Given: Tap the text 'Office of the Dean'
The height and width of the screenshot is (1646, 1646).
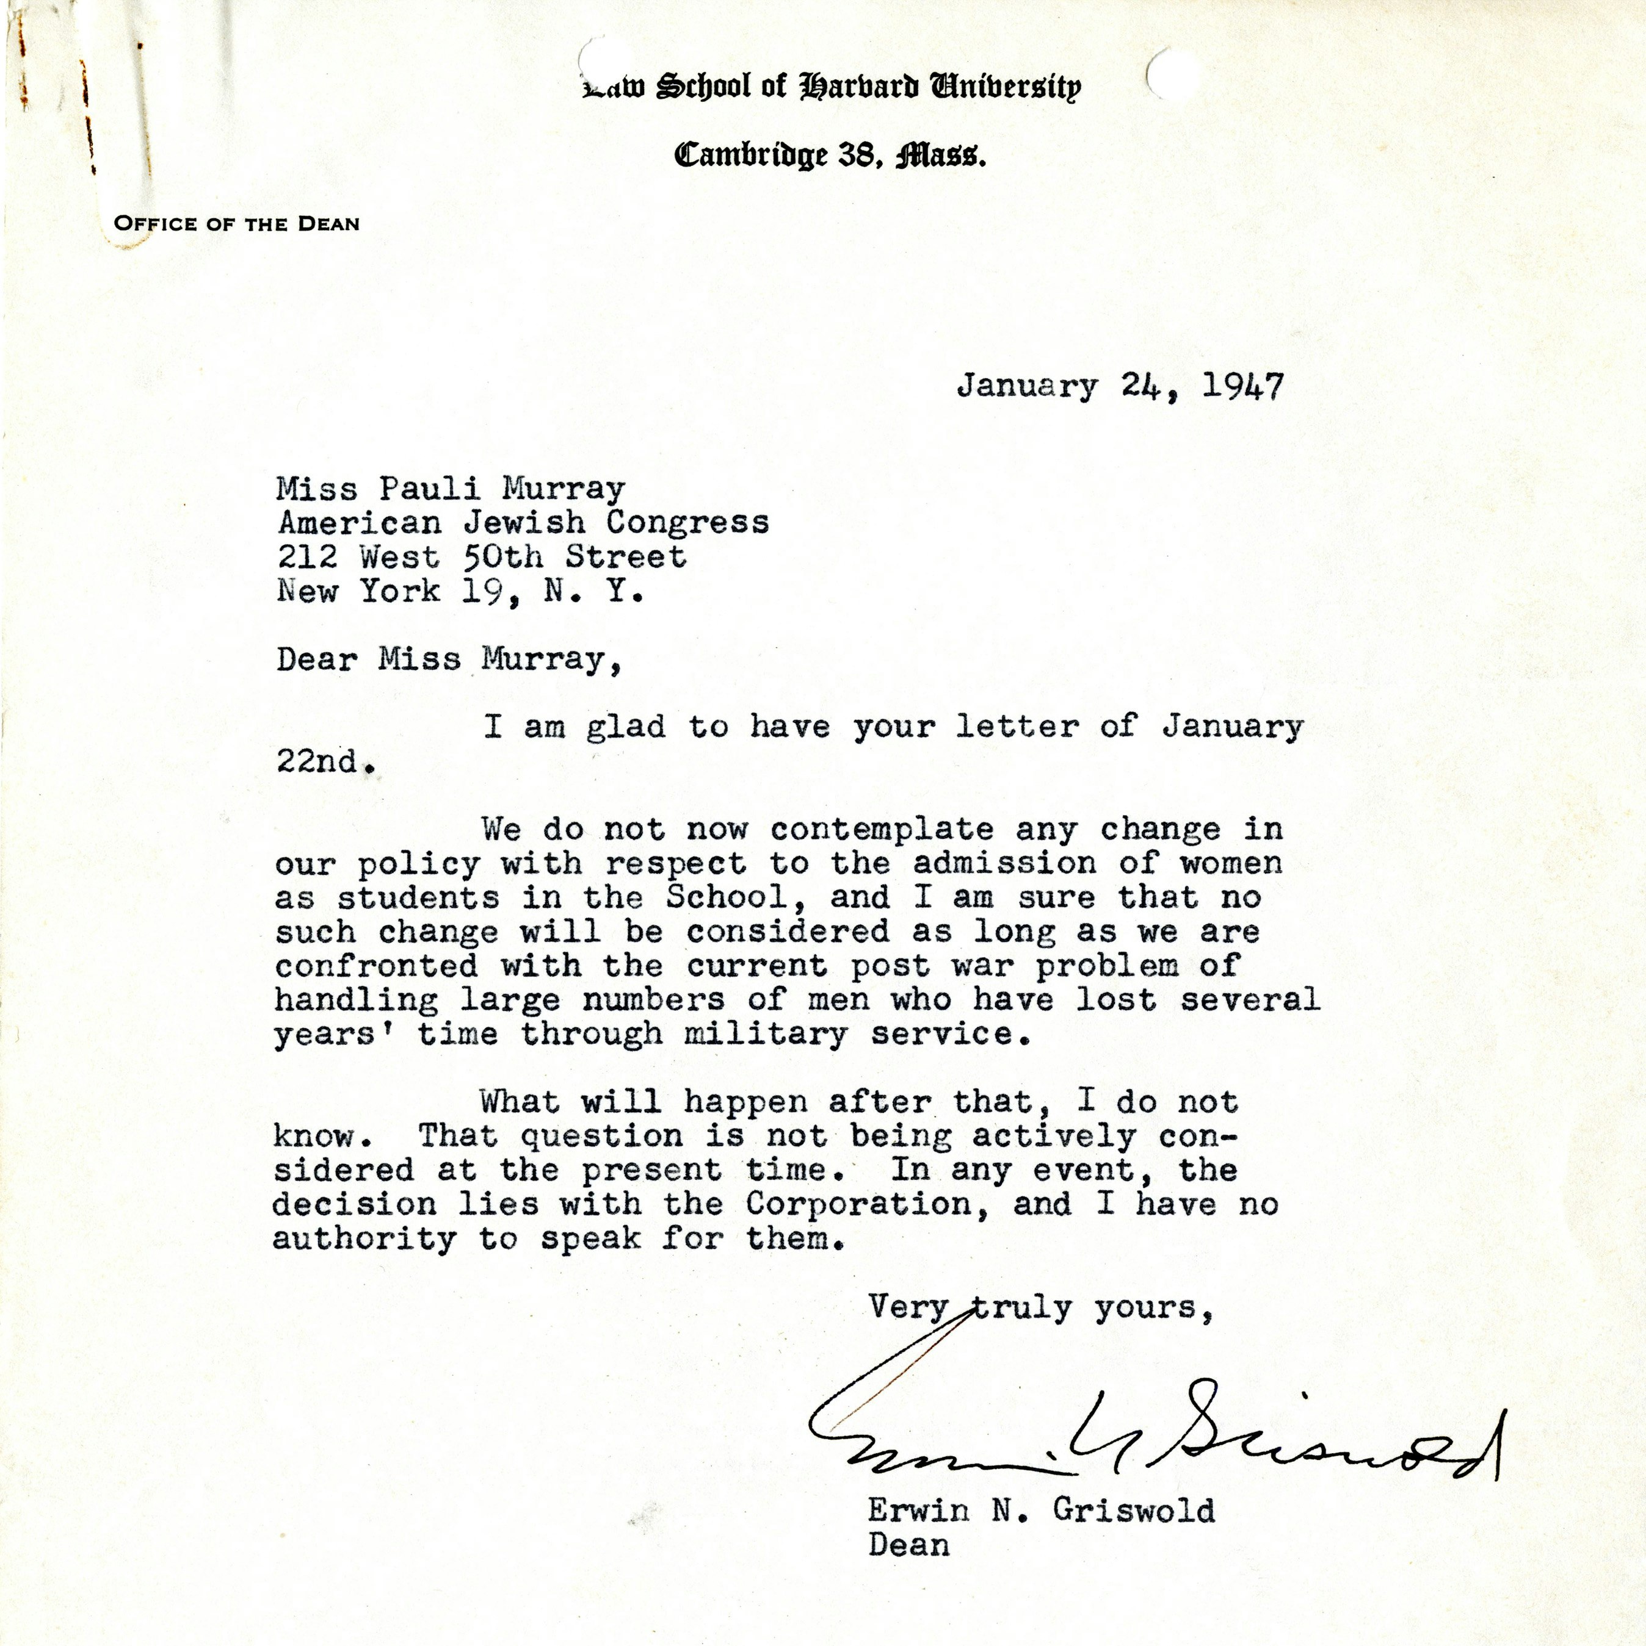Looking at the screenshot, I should pyautogui.click(x=236, y=224).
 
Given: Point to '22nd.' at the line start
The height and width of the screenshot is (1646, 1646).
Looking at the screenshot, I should pyautogui.click(x=325, y=761).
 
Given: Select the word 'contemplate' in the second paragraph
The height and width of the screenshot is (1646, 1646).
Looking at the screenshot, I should pyautogui.click(x=882, y=829).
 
